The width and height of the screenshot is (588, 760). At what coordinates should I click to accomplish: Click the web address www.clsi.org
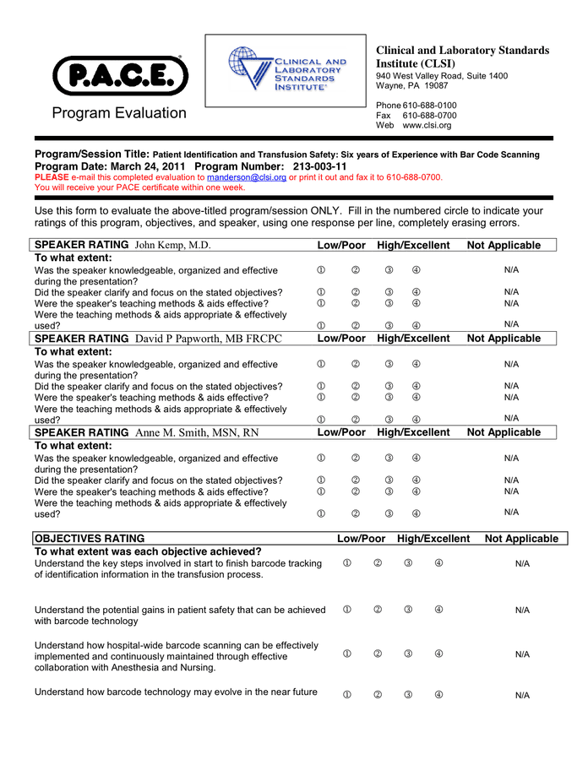coord(427,126)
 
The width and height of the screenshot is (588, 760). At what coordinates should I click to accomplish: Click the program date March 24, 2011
coord(149,166)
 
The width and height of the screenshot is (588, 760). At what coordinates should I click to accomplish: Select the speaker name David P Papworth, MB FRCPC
coord(208,339)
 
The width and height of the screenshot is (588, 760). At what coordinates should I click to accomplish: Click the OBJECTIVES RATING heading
coord(90,538)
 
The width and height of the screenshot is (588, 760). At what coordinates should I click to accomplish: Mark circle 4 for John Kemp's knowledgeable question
coord(416,270)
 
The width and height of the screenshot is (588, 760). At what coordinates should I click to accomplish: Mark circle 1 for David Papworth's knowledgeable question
coord(322,364)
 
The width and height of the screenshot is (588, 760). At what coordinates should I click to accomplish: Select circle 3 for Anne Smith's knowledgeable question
coord(388,459)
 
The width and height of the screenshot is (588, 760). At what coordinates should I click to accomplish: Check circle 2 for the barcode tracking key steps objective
coord(378,563)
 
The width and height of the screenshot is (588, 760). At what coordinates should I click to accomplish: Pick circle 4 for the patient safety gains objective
coord(438,610)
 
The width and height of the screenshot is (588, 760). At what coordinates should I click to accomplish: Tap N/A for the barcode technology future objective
coord(522,695)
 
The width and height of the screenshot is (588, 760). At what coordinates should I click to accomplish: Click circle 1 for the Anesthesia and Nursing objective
coord(347,654)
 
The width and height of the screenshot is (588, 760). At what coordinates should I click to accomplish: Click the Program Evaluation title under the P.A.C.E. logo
coord(119,113)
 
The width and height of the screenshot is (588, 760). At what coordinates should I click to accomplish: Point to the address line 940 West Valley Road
coord(442,76)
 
